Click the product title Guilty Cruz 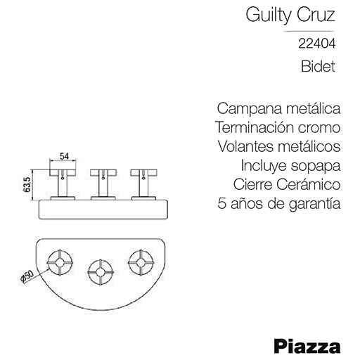[x=290, y=15]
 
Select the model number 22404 [x=317, y=44]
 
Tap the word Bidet [x=318, y=66]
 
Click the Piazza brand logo [x=307, y=346]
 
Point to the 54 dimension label [x=64, y=156]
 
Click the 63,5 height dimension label [x=27, y=185]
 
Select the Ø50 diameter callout [x=27, y=276]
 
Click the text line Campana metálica [x=278, y=108]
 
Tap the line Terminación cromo [x=278, y=127]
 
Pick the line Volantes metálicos [x=279, y=146]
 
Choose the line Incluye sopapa [x=290, y=166]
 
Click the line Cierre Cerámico [x=287, y=184]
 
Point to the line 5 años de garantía [x=279, y=204]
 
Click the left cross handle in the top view [x=60, y=262]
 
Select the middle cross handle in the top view [x=101, y=272]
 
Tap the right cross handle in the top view [x=141, y=262]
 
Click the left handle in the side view [x=63, y=184]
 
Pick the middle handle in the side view [x=103, y=184]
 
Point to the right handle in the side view [x=143, y=184]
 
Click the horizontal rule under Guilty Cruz [x=309, y=31]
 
